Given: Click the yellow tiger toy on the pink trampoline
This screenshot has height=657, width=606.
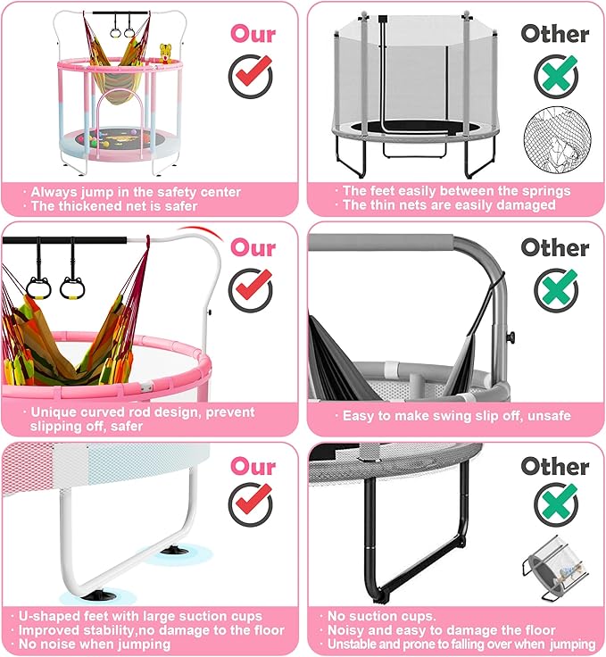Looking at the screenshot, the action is tap(166, 54).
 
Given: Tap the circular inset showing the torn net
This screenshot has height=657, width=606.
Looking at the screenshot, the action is tap(557, 140).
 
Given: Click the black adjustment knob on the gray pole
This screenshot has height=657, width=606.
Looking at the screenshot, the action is tap(511, 336).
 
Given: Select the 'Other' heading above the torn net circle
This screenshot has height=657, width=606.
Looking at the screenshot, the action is tap(555, 34).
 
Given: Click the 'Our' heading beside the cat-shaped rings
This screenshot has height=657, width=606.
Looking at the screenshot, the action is tap(253, 247).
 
